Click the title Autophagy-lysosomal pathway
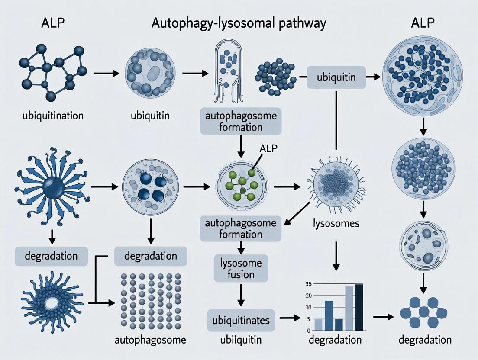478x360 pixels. click(239, 23)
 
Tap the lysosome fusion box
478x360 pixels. click(240, 268)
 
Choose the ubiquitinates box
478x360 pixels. click(241, 321)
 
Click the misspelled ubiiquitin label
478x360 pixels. click(241, 340)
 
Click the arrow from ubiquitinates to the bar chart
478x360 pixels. click(290, 318)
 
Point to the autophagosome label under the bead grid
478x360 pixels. click(150, 340)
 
